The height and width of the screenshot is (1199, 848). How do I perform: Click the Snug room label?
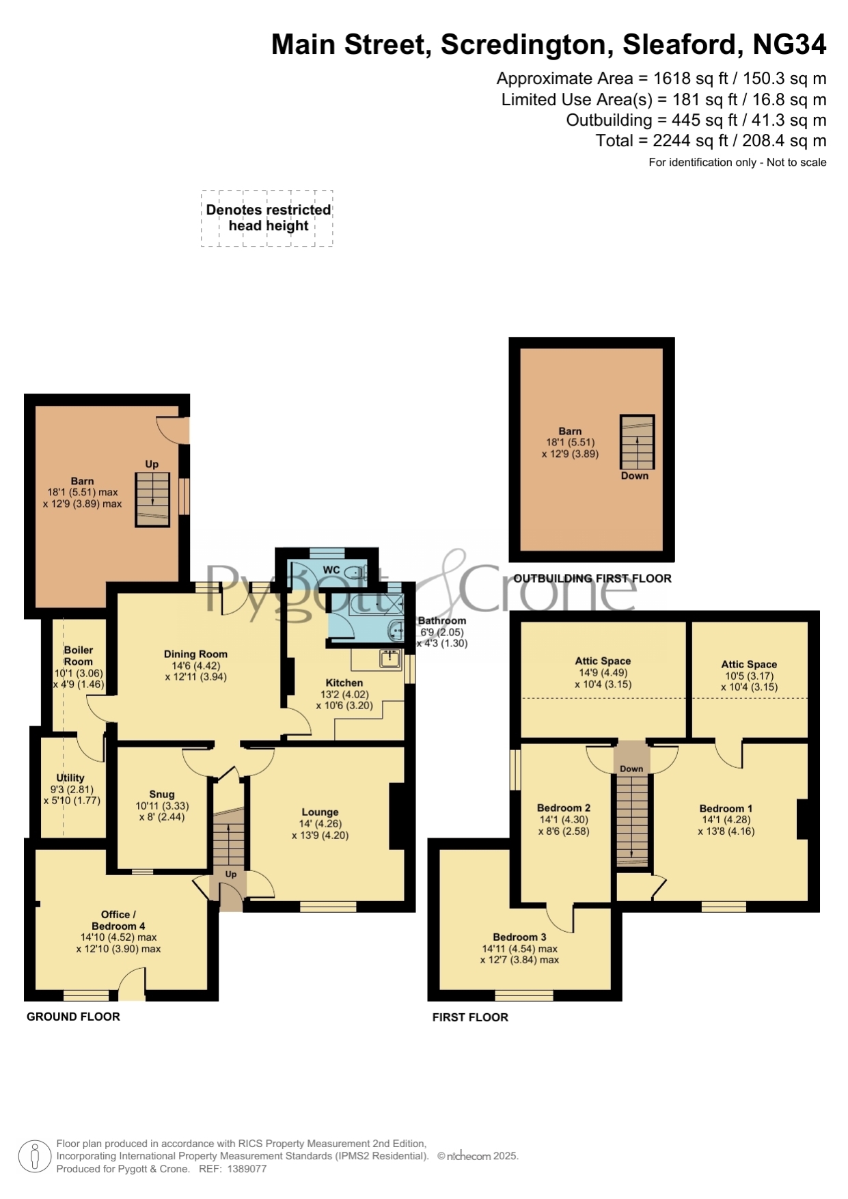162,794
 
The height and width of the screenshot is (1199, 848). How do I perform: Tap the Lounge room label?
320,812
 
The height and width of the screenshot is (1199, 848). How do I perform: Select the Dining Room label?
195,654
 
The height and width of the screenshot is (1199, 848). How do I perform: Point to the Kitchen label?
344,683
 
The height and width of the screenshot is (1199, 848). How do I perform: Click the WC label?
331,570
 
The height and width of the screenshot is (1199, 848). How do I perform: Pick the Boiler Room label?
79,656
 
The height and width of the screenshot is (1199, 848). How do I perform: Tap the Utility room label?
70,777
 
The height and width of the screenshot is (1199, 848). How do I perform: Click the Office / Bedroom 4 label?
119,920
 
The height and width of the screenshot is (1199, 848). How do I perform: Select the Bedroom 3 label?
519,937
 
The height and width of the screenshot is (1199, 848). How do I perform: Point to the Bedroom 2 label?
564,808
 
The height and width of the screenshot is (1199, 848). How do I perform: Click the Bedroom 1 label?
726,808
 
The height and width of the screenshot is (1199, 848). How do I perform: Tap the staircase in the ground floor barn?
152,499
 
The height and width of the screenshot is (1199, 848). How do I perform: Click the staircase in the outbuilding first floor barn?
637,441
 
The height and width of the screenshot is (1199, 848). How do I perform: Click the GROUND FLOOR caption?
73,1017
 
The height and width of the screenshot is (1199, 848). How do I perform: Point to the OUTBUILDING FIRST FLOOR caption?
592,578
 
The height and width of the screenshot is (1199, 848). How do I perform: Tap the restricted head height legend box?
267,218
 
